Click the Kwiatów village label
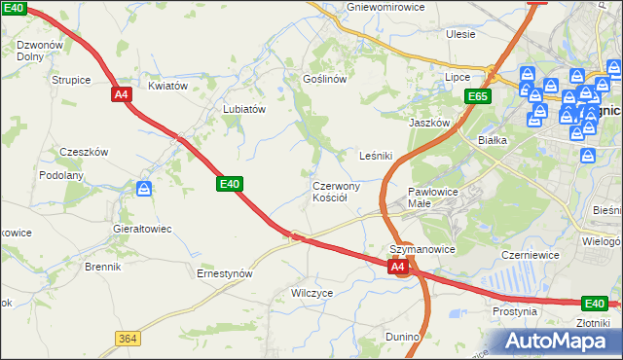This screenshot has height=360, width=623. pyautogui.click(x=167, y=86)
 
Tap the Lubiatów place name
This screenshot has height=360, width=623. pyautogui.click(x=244, y=110)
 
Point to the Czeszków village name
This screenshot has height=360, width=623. pyautogui.click(x=84, y=152)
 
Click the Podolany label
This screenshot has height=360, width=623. pyautogui.click(x=61, y=175)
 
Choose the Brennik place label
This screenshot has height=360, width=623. pyautogui.click(x=102, y=266)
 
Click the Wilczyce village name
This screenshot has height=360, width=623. pyautogui.click(x=311, y=292)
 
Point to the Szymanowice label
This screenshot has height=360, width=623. pyautogui.click(x=422, y=249)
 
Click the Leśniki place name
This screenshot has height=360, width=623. pyautogui.click(x=376, y=155)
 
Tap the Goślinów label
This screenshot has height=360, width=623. pyautogui.click(x=325, y=79)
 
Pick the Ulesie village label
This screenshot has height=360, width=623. pyautogui.click(x=460, y=34)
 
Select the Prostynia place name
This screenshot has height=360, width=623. pyautogui.click(x=515, y=311)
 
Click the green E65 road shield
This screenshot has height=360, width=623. pyautogui.click(x=477, y=96)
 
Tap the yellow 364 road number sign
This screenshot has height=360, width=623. pyautogui.click(x=127, y=338)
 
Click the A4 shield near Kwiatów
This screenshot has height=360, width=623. pyautogui.click(x=122, y=94)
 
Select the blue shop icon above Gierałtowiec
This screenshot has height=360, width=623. pyautogui.click(x=144, y=189)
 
